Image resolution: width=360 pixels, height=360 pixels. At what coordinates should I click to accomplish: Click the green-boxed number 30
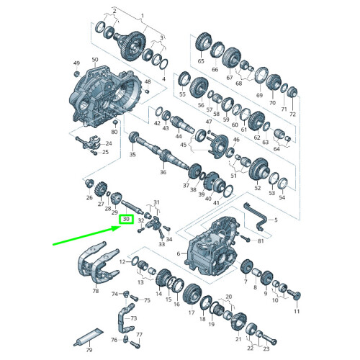[x=126, y=219]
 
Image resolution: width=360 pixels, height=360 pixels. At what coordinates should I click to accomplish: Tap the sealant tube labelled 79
[x=88, y=336]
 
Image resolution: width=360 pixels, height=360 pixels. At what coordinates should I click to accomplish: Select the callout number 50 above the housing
[x=95, y=60]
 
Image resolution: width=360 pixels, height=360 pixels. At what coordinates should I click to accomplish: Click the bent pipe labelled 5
[x=255, y=215]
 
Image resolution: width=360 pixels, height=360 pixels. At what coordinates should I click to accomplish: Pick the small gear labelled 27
[x=101, y=189]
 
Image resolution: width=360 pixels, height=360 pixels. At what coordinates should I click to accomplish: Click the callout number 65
[x=201, y=61]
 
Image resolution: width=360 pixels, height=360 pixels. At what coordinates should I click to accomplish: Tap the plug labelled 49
[x=77, y=73]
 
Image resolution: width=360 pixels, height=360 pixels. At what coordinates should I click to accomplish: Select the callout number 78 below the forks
[x=96, y=291]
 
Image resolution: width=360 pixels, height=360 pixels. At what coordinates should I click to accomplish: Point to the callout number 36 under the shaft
[x=163, y=172]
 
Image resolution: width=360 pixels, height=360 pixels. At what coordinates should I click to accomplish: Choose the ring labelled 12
[x=135, y=260]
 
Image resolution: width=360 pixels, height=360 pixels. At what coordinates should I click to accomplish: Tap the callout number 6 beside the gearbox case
[x=179, y=253]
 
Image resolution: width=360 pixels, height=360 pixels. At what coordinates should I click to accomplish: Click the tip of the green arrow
[x=120, y=227]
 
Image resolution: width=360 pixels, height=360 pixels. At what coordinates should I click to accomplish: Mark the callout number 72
[x=292, y=114]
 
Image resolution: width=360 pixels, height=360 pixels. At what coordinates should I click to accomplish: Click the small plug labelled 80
[x=114, y=122]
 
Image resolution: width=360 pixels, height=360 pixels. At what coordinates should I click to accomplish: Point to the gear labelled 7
[x=246, y=266]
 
